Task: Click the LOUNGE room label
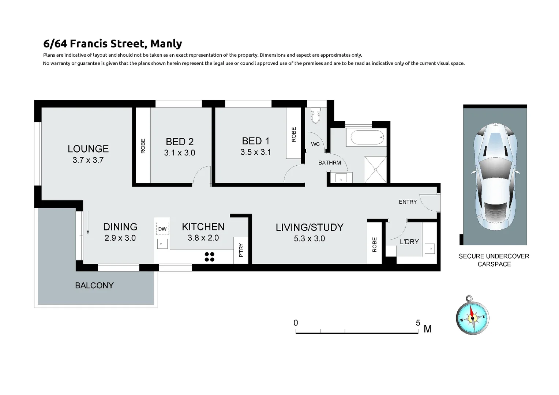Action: [x=88, y=149]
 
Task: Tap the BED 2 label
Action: [x=179, y=142]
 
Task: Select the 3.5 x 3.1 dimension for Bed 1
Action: [x=255, y=152]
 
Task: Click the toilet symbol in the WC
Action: [x=315, y=116]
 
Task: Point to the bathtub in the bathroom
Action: [x=367, y=138]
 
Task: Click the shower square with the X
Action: [x=375, y=169]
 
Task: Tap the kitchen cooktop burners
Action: [x=209, y=257]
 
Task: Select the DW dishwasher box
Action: [x=162, y=229]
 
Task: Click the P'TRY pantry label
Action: [x=241, y=250]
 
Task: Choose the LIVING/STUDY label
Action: [x=309, y=227]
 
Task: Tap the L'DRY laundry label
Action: [x=409, y=242]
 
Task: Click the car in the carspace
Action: [x=495, y=176]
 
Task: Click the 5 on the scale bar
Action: [x=418, y=323]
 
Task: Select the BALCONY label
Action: [x=94, y=285]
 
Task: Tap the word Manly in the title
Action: [x=166, y=44]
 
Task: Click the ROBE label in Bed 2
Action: [x=143, y=146]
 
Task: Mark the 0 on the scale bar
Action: [x=296, y=323]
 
